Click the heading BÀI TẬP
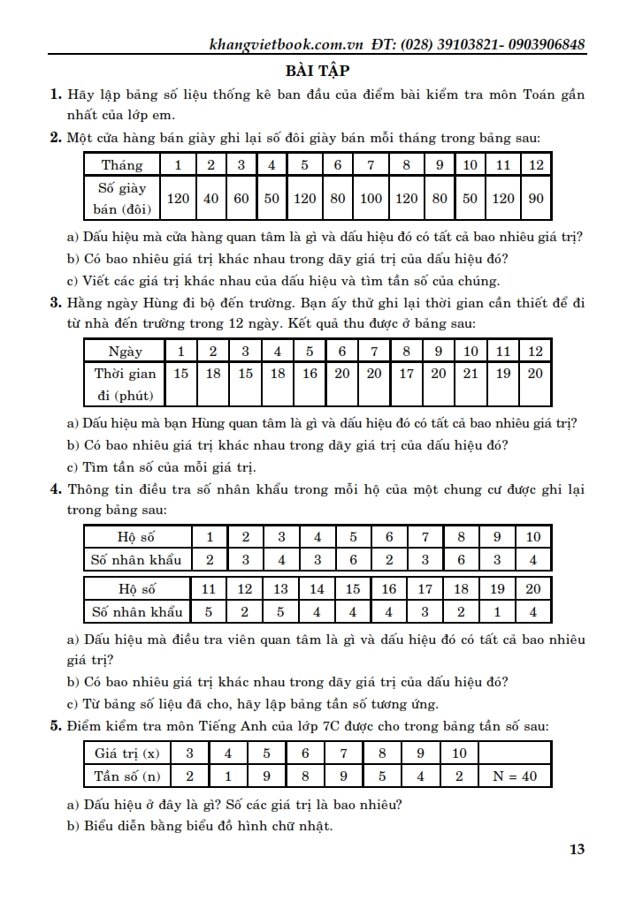click(317, 71)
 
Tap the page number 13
click(576, 850)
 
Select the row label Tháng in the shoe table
click(122, 165)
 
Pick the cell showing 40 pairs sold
click(210, 199)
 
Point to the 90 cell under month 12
click(536, 199)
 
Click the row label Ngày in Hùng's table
click(125, 351)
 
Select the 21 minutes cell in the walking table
click(471, 374)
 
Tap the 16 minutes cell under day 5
click(310, 374)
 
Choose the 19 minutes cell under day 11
click(503, 374)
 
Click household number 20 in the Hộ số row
click(532, 589)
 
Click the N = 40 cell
click(515, 776)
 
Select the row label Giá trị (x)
click(127, 753)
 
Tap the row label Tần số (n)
click(127, 776)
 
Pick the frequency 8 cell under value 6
click(305, 776)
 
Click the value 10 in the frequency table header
click(459, 753)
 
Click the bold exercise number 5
click(56, 726)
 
